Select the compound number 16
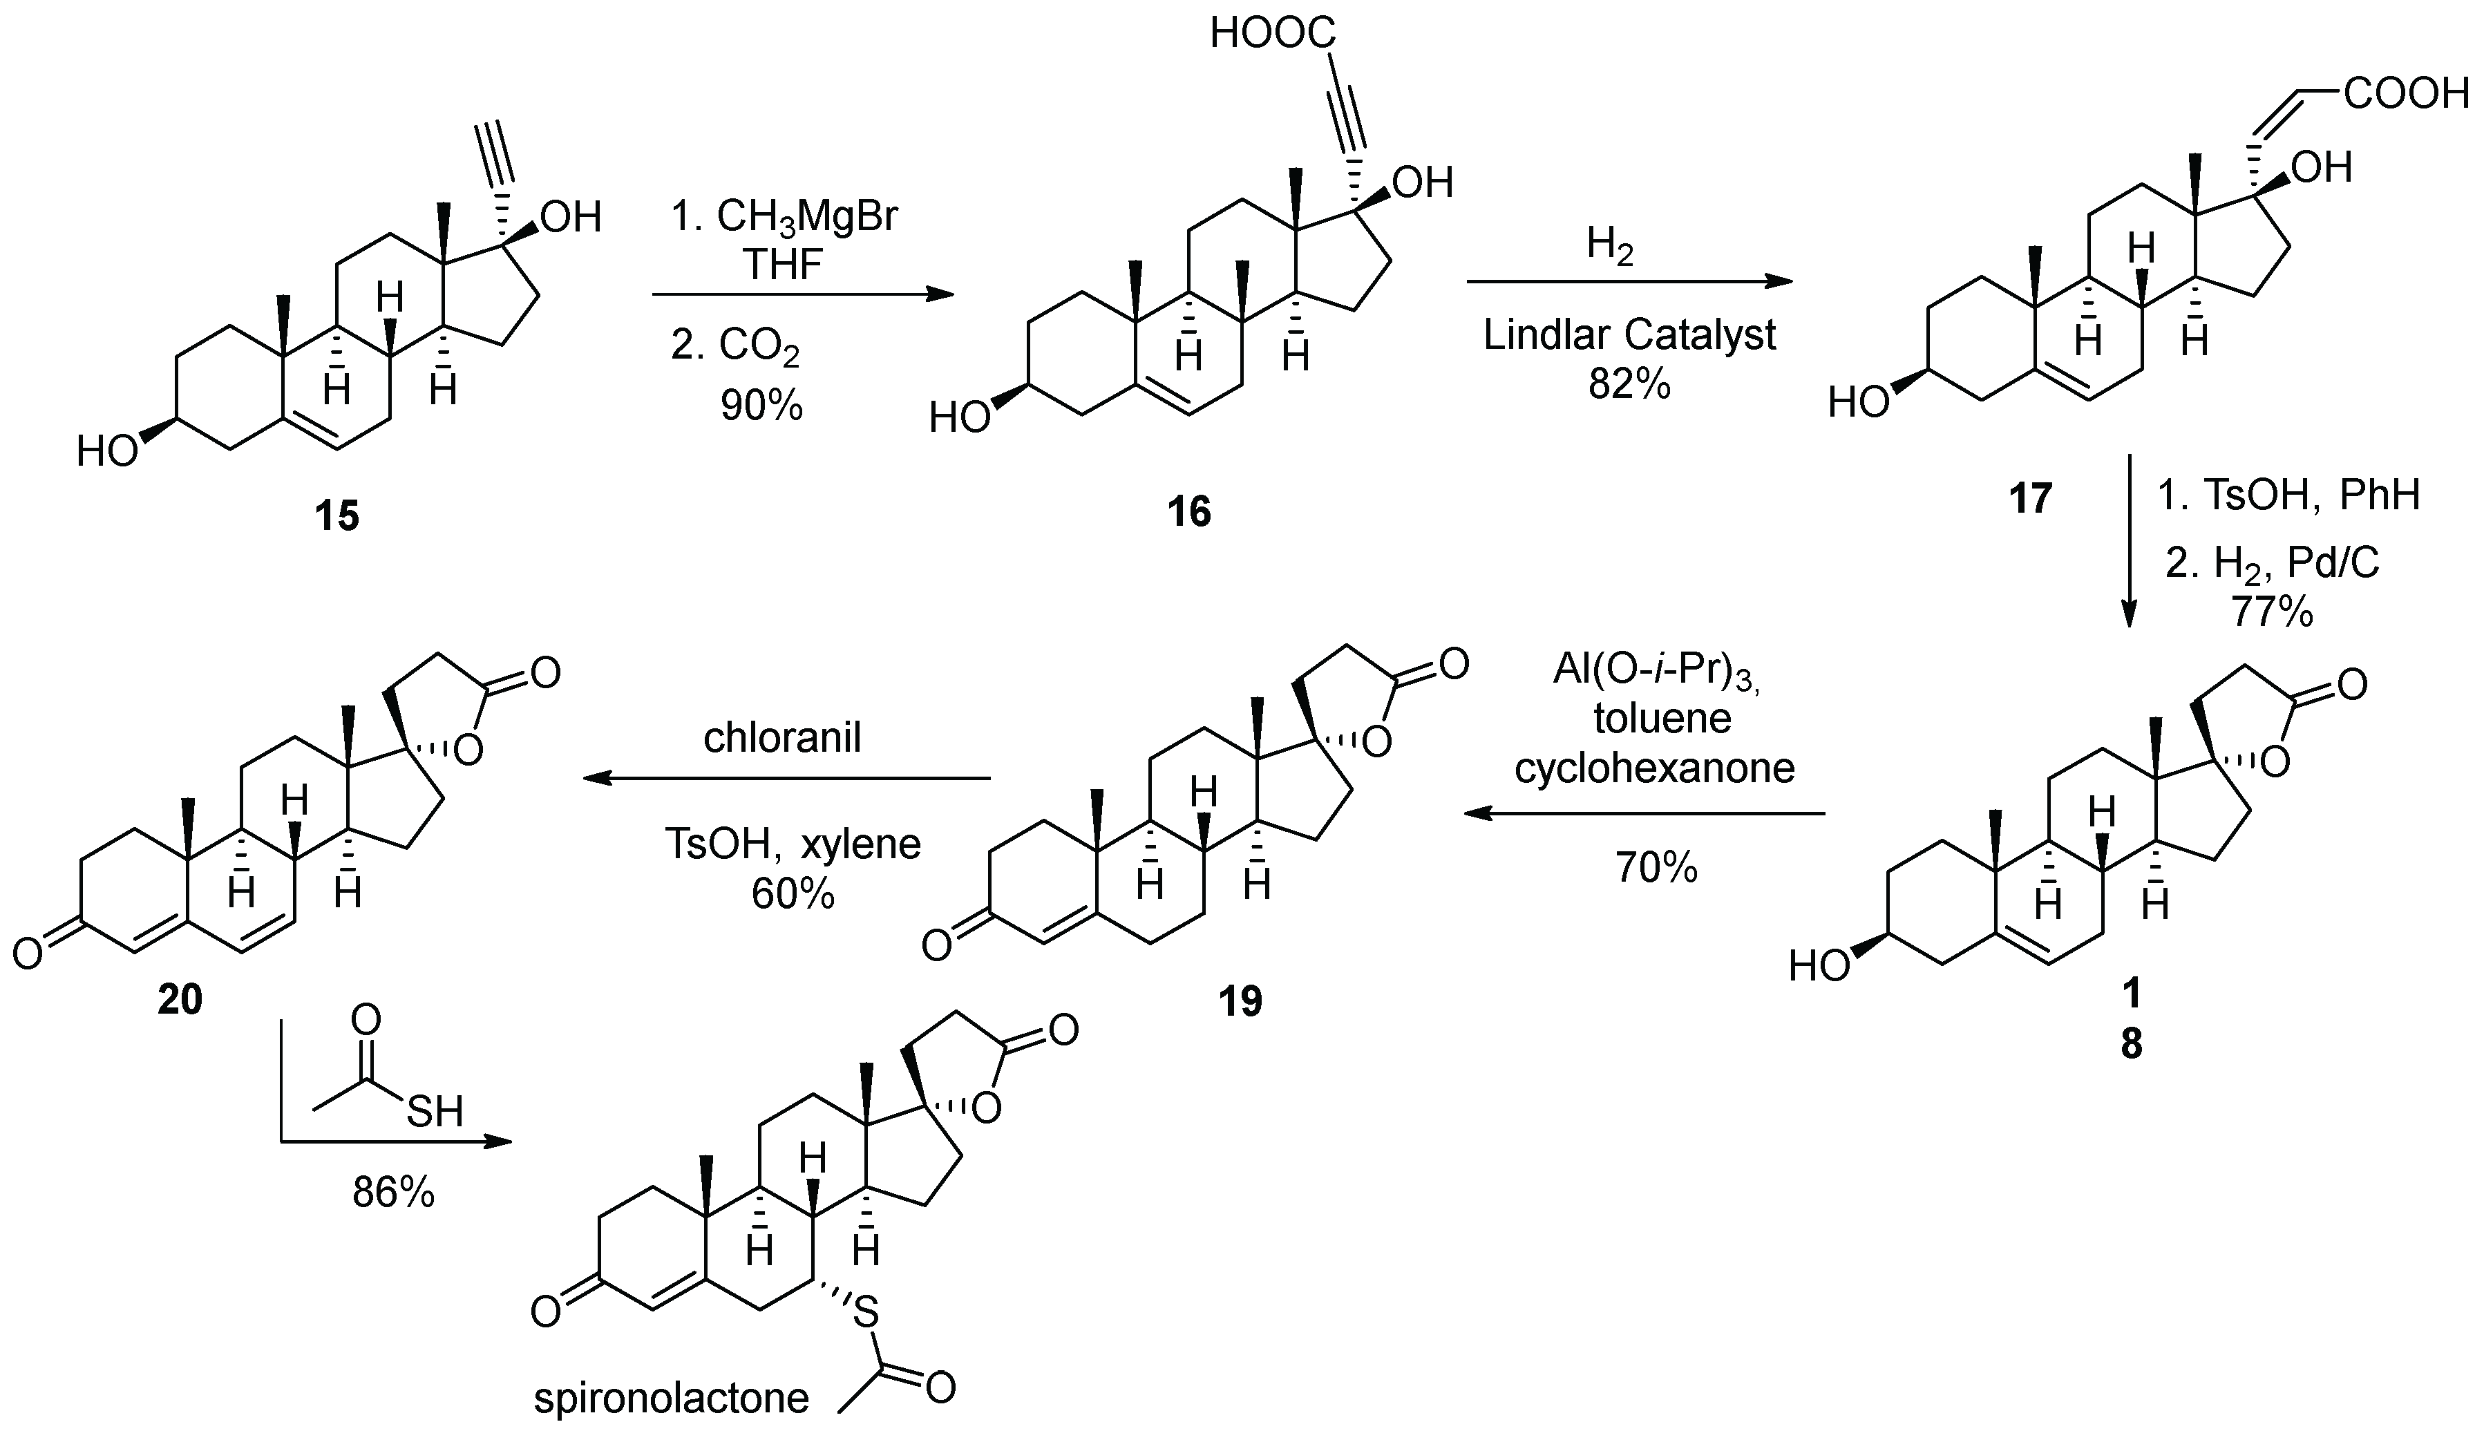(x=1189, y=511)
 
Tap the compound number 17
(x=2030, y=498)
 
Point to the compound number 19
(x=1240, y=1001)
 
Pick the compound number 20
(x=180, y=998)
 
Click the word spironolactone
(x=671, y=1398)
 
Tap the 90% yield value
(x=761, y=404)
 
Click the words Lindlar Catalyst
(x=1629, y=335)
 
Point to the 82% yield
(x=1629, y=384)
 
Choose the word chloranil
(x=782, y=737)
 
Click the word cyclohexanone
(x=1655, y=766)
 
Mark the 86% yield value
(x=393, y=1192)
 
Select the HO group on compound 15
(x=108, y=453)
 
